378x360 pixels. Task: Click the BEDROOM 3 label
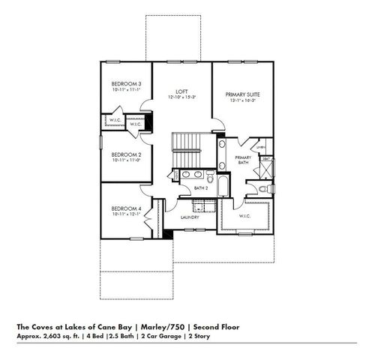click(126, 83)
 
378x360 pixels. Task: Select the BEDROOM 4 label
click(126, 208)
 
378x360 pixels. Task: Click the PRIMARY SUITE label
click(243, 95)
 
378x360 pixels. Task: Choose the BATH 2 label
click(199, 188)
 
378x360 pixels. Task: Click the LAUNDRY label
click(190, 217)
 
